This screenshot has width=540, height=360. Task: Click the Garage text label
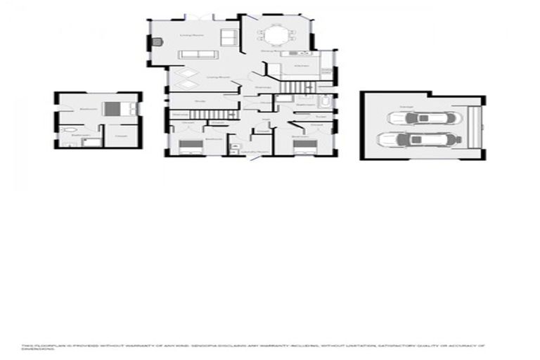click(406, 106)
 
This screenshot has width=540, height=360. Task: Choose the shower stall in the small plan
click(90, 141)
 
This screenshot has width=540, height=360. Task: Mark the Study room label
click(200, 101)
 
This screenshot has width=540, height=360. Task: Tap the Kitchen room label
click(300, 66)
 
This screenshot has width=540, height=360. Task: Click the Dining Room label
click(267, 51)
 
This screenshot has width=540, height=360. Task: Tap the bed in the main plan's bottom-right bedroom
click(304, 146)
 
